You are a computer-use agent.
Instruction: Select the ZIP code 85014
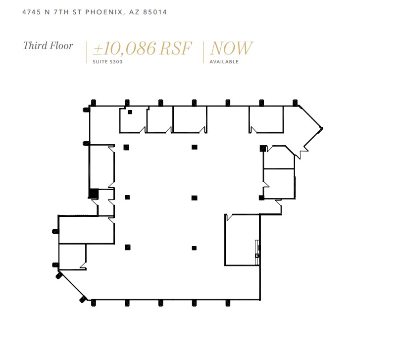coord(155,12)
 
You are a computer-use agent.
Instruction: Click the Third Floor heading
coord(48,46)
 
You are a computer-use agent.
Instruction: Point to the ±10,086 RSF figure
coord(142,49)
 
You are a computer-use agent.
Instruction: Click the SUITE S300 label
coord(107,62)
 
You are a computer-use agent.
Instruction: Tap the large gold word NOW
coord(231,49)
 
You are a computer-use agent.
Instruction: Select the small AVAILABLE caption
coord(224,62)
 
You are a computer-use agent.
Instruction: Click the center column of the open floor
coord(195,198)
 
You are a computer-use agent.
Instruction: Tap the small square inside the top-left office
coord(130,112)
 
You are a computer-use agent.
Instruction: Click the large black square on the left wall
coord(93,194)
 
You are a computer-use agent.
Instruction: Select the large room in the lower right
coord(242,240)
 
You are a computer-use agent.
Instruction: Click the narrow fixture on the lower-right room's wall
coord(257,248)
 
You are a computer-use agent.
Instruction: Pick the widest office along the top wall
coord(189,119)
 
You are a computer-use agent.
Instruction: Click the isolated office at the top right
coord(266,119)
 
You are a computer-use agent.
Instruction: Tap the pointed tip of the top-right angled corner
coord(322,129)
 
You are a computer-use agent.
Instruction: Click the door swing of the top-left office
coord(143,130)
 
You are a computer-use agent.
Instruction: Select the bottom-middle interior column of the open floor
coord(195,248)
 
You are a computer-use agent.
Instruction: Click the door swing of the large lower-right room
coord(229,217)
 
